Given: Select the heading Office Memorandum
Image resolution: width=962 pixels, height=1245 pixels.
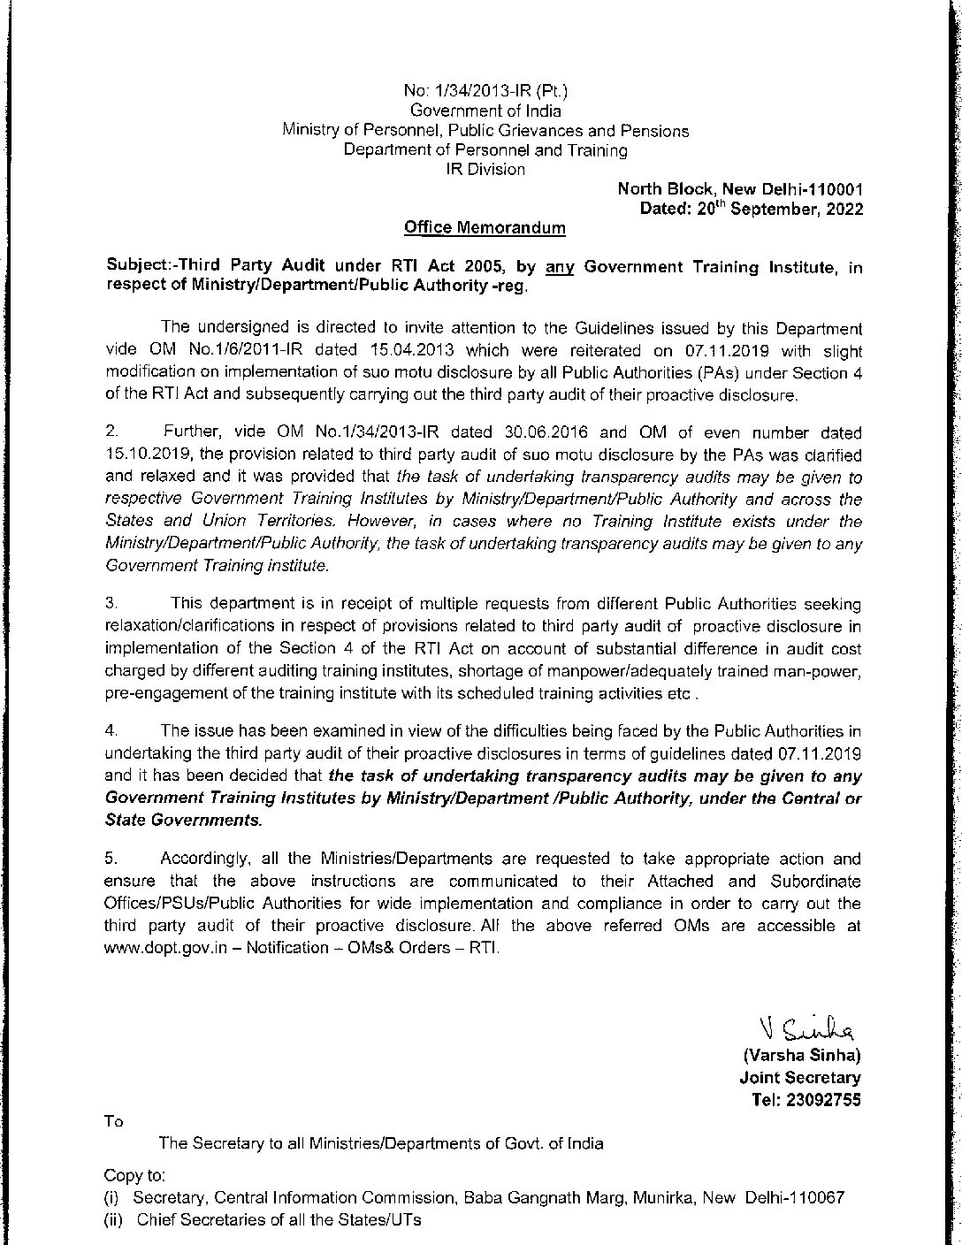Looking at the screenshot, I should coord(485,228).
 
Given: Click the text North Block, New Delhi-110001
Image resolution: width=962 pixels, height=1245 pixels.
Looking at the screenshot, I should coord(740,189).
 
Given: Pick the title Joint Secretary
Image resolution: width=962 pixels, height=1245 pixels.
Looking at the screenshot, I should coord(800,1078).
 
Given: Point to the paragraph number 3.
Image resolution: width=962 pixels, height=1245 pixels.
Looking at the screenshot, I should coord(111,604).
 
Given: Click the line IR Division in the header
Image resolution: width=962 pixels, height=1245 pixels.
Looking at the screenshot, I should coord(485,169).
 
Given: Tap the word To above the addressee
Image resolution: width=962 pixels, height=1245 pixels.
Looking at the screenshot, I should coord(114,1121).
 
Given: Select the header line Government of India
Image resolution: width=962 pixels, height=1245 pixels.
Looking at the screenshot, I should coord(485,111).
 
